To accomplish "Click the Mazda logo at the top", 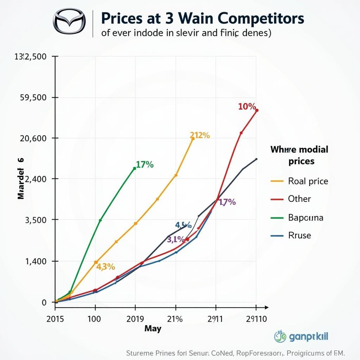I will coord(69,22).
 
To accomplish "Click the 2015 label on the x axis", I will coord(55,319).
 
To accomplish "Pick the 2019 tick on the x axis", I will coord(135,319).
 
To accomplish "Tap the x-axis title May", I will coord(153,329).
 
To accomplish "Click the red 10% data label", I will coord(247,107).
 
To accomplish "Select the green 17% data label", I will coord(144,165).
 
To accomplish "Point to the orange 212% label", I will coord(200,135).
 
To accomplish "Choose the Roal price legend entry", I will coord(308,181).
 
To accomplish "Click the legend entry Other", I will coord(299,199).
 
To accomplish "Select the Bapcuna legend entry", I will coord(305,218).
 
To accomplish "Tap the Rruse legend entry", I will coord(299,235).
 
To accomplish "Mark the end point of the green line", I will coord(135,168).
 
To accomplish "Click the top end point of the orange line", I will coord(193,139).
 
